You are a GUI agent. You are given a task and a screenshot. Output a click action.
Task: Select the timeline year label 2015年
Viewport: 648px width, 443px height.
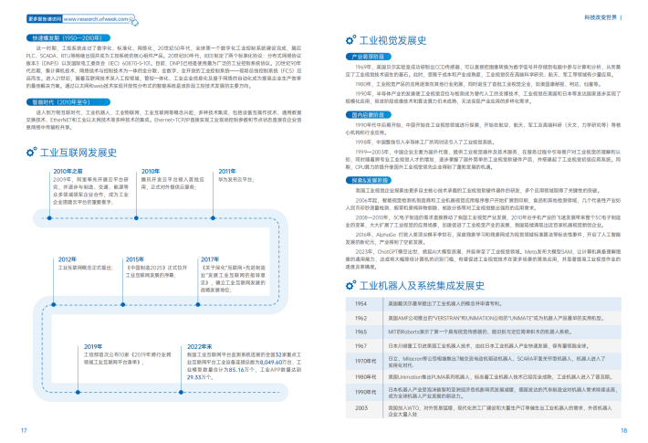click(134, 258)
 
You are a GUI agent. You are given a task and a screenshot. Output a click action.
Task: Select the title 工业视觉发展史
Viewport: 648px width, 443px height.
click(395, 40)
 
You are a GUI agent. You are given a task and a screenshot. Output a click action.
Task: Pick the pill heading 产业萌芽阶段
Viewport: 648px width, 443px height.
click(367, 57)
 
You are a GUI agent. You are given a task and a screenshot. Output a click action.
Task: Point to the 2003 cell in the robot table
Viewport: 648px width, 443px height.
click(361, 407)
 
